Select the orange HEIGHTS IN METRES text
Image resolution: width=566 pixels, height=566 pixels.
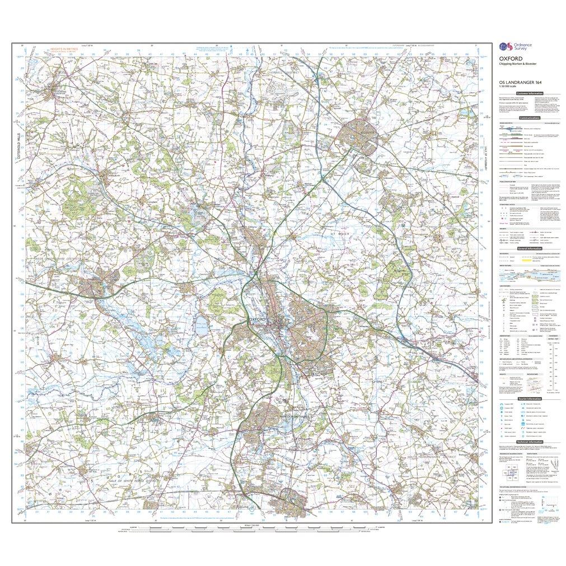pos(63,50)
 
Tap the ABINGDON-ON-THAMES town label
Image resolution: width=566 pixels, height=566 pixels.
pos(285,417)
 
